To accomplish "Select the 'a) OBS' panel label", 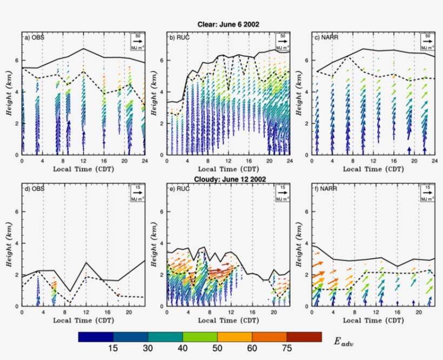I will tap(33, 37).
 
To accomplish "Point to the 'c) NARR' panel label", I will tap(325, 37).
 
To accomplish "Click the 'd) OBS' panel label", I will tap(33, 189).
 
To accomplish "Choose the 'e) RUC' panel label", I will tap(178, 189).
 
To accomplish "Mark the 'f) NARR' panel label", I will tap(324, 189).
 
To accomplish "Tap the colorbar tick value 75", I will tap(286, 349).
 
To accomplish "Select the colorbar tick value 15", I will tap(113, 349).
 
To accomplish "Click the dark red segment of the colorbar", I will tap(304, 337).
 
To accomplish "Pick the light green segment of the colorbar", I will tap(200, 337).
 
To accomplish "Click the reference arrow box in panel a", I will tap(137, 42).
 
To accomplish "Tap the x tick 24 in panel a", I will tap(144, 161).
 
